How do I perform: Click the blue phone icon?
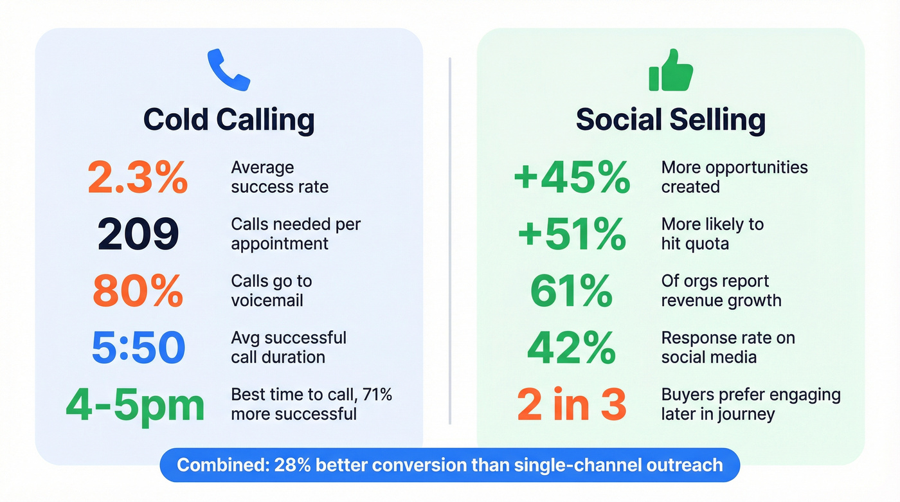228,70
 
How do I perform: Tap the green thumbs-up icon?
670,71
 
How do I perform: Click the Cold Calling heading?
228,120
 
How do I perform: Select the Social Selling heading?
670,120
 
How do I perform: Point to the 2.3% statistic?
138,178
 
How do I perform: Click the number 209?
138,235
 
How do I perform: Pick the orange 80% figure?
138,291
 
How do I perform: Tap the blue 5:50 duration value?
138,348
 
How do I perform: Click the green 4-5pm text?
135,404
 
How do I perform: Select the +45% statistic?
572,178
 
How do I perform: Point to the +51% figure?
572,235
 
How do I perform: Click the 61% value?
572,291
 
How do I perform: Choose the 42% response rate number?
572,348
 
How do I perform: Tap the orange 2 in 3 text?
572,404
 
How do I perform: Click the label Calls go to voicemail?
271,291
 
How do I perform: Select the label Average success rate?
280,177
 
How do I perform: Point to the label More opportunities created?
734,177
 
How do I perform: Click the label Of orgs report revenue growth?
721,291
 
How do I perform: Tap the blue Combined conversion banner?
450,465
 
